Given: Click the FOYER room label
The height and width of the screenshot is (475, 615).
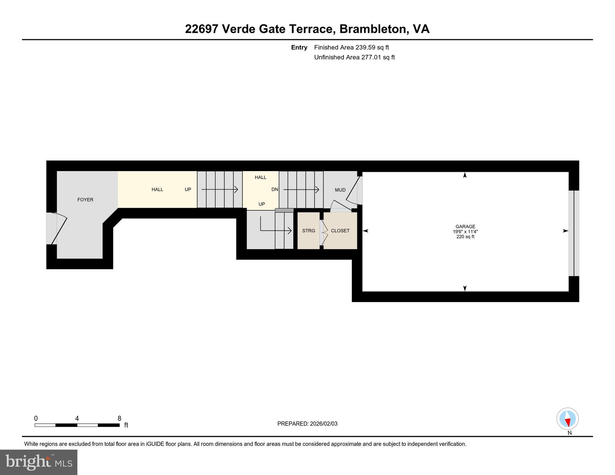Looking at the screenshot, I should point(85,200).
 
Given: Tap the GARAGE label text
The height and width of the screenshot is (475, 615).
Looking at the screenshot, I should point(465,226).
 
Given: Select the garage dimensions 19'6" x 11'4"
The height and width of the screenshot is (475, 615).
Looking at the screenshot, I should point(465,232).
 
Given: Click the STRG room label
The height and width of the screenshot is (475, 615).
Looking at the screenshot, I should point(309,231).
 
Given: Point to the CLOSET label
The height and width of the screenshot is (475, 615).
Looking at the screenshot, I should point(340,231).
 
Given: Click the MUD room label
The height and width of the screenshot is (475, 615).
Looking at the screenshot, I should point(340,190).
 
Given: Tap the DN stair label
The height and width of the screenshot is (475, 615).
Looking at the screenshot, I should point(275,189).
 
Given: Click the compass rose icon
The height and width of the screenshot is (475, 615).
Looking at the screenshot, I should point(567,419).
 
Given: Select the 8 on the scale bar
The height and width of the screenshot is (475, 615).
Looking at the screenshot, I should point(119,418).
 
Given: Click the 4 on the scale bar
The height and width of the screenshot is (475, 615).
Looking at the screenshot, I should point(77,418).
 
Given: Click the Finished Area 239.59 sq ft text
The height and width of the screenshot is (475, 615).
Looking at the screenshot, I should point(351,47).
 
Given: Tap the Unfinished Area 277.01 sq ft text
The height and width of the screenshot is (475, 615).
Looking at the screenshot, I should point(354,57).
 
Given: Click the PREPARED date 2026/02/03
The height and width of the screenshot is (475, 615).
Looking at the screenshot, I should point(307,424).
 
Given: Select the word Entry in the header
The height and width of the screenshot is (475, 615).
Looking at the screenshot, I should point(299,47).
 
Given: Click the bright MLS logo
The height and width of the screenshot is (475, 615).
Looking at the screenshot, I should point(39,462).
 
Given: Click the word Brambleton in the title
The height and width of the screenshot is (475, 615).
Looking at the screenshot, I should point(372,29).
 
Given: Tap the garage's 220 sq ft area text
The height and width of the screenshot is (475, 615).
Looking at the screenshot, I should point(465,237).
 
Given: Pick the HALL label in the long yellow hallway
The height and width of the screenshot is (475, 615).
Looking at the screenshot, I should point(157,190).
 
